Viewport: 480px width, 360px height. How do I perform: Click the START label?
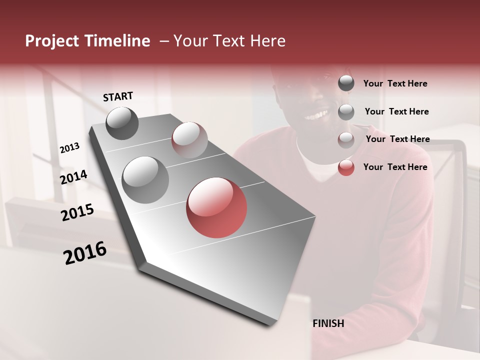[118, 96]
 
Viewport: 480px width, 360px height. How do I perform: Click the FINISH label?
[328, 323]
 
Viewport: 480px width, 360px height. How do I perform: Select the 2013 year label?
[69, 148]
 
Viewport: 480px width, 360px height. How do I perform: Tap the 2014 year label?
[73, 177]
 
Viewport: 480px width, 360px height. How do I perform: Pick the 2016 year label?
[85, 253]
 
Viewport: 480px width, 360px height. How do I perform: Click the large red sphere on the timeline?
[216, 208]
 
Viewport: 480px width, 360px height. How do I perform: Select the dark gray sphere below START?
[122, 123]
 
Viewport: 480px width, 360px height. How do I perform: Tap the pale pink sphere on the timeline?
[189, 140]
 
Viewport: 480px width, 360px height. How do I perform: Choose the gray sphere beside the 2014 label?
[145, 179]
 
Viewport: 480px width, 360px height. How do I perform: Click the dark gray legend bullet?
[346, 83]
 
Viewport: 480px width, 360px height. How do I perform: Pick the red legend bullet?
[346, 167]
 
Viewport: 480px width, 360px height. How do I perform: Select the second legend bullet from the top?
[346, 111]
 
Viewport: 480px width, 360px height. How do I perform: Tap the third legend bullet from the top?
[346, 139]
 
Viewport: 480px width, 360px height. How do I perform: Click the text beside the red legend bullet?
[395, 167]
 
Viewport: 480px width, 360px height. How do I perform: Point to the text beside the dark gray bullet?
[395, 83]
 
